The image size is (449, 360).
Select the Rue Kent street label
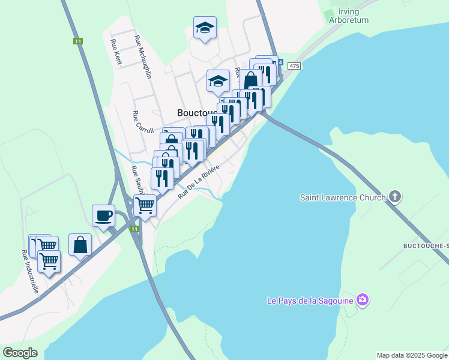116,52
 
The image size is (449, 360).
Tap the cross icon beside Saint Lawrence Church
395,196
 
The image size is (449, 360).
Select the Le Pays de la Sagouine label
309,299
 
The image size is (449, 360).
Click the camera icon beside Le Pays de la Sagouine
362,299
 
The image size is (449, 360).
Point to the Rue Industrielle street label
30,271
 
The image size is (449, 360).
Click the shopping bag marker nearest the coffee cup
80,245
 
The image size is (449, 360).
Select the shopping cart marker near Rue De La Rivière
145,205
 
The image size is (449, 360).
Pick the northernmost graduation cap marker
205,27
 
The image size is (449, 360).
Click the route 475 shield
293,65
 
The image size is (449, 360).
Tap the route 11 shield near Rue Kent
78,41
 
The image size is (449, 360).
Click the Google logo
20,352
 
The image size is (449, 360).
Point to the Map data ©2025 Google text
411,355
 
